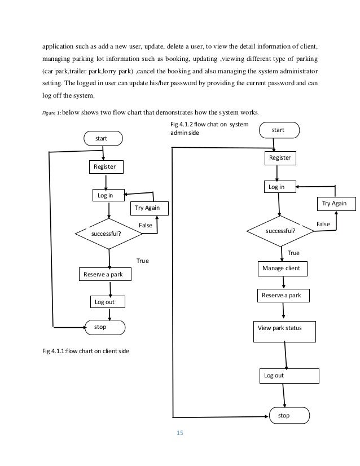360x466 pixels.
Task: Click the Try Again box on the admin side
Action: [x=335, y=203]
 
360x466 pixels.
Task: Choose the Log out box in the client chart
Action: [x=107, y=302]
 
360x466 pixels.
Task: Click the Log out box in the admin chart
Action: [x=288, y=375]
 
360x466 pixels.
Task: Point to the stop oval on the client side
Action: [x=104, y=327]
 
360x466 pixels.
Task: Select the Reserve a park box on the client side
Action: [x=104, y=274]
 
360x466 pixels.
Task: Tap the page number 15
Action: [x=181, y=433]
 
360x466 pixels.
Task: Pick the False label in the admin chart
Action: [x=323, y=224]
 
